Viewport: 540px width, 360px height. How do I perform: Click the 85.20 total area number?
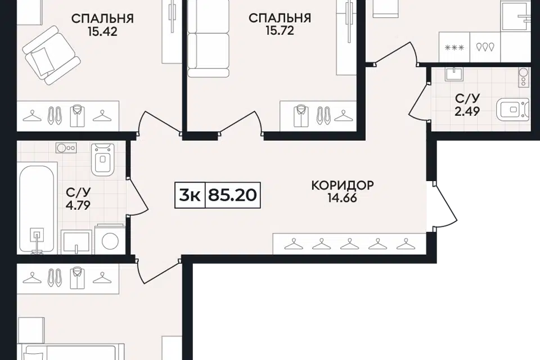tap(233, 195)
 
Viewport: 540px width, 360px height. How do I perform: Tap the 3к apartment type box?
tap(190, 195)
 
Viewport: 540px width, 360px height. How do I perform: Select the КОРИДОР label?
tap(343, 185)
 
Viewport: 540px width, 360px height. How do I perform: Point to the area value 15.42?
tap(102, 31)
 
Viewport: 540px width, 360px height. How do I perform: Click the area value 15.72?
tap(280, 31)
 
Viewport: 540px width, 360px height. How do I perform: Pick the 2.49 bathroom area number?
tap(467, 111)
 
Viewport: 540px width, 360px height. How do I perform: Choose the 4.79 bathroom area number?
tap(78, 205)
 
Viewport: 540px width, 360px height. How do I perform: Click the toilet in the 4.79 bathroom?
tap(102, 159)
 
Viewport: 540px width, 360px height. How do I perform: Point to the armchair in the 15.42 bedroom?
tap(51, 55)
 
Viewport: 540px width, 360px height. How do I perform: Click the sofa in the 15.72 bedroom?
tap(208, 38)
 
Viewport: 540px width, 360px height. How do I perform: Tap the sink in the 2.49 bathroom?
tap(455, 73)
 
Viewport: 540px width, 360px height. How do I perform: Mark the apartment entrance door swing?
tap(444, 206)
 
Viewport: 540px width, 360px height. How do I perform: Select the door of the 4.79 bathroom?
tap(138, 197)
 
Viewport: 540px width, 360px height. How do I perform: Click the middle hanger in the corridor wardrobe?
tap(349, 244)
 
